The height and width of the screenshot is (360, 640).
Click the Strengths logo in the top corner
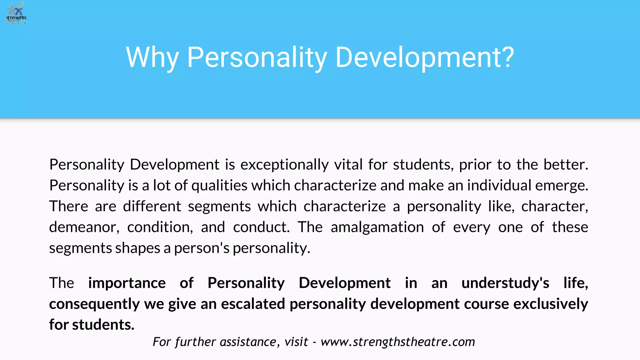[x=17, y=13]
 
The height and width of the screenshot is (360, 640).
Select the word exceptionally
[x=284, y=165]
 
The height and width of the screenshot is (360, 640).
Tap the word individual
[x=499, y=186]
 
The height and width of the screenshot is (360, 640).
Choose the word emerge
[x=562, y=186]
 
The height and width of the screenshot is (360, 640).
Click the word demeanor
[x=84, y=227]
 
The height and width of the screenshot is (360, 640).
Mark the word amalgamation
[x=377, y=227]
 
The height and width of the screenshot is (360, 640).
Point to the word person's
[x=202, y=248]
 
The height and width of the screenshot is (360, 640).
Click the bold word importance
[x=127, y=283]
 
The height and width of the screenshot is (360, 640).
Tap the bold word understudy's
[x=505, y=283]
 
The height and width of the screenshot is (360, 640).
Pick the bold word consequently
[x=94, y=304]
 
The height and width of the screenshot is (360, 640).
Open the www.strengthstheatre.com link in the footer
[x=398, y=342]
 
